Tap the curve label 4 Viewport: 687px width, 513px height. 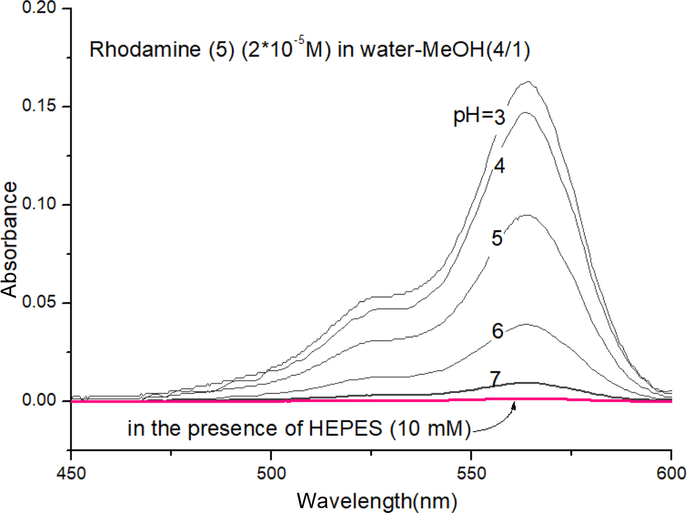click(x=499, y=167)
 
